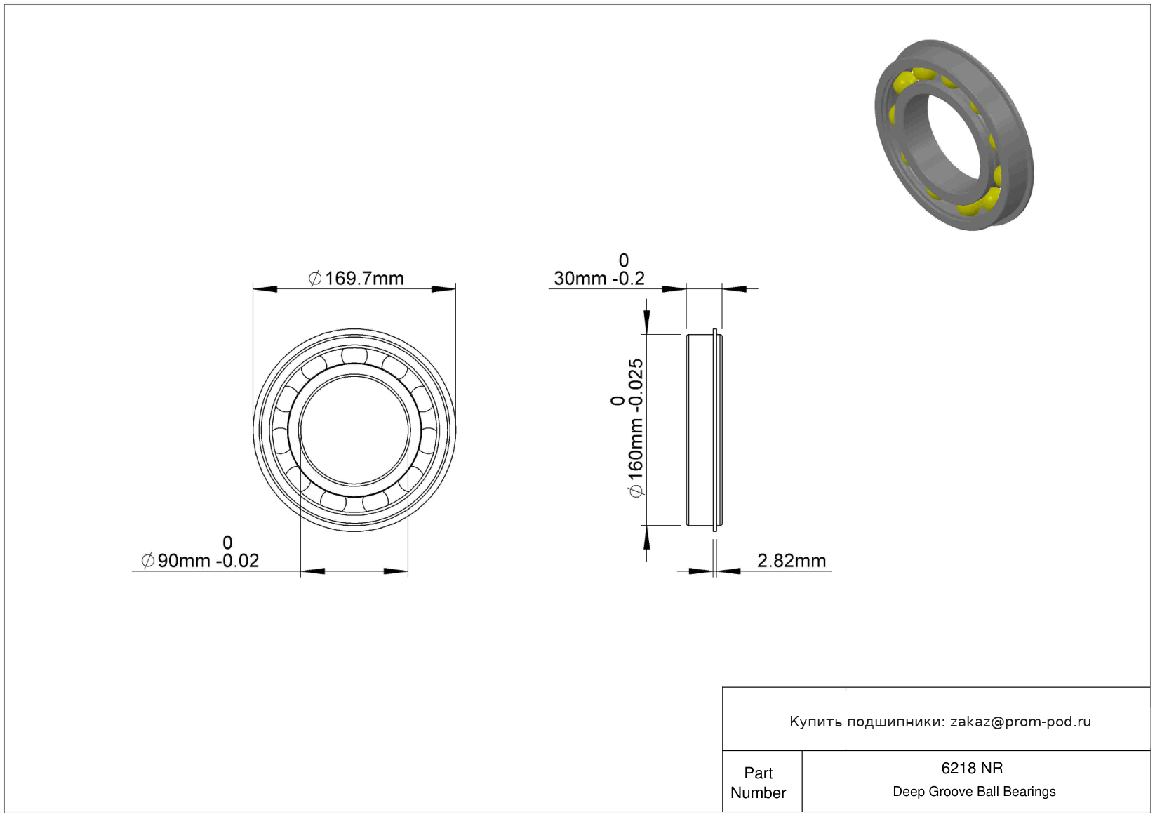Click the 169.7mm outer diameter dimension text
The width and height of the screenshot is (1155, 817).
[363, 279]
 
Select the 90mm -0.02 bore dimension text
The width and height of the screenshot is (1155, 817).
[208, 561]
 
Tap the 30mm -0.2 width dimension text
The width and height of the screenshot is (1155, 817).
[599, 279]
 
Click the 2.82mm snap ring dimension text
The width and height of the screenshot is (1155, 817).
[792, 561]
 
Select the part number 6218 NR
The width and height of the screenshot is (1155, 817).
[972, 769]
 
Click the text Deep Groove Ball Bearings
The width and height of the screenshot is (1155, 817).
[974, 792]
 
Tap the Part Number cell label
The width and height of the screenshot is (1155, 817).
[758, 783]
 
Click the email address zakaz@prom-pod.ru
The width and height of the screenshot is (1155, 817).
[1020, 722]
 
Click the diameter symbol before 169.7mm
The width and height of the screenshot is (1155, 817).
[315, 279]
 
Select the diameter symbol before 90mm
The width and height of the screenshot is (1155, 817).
[148, 561]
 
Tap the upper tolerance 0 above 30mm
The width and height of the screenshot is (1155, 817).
[624, 260]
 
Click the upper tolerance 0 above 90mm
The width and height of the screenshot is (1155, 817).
[227, 542]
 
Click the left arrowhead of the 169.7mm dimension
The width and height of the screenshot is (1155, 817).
[265, 289]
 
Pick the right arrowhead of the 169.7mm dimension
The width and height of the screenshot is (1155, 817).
[443, 289]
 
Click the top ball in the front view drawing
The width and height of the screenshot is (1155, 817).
[354, 356]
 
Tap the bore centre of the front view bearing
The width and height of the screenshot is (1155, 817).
[354, 430]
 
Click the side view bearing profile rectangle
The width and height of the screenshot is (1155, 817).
[705, 430]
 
